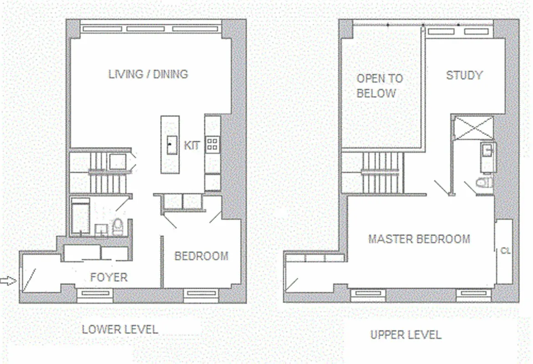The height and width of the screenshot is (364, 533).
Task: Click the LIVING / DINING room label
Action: [148, 74]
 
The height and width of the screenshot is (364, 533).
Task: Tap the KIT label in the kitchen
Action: [192, 146]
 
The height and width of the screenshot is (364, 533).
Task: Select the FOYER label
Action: [109, 277]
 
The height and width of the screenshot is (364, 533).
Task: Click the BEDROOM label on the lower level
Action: [201, 256]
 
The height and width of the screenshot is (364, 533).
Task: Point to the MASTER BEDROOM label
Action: [419, 239]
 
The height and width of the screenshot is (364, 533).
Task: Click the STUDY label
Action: [464, 75]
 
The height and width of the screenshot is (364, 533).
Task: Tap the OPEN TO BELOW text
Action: [379, 86]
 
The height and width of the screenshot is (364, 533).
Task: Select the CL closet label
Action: [505, 251]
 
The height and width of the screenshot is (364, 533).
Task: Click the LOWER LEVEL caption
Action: [120, 329]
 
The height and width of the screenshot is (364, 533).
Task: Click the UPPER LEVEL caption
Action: [406, 335]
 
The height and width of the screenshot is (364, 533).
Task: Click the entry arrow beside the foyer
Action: [7, 282]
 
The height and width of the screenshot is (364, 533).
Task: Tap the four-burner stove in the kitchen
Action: [212, 145]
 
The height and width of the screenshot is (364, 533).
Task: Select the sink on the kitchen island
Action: [172, 145]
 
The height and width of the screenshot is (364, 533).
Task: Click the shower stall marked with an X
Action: [475, 127]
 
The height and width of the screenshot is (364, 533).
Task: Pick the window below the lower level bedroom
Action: [201, 294]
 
